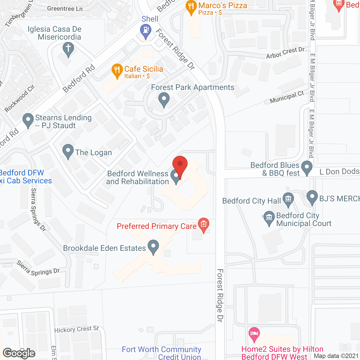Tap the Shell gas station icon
coord(146,31)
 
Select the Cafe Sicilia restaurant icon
coord(117,71)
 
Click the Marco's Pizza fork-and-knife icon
coord(191,7)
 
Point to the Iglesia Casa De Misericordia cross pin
coord(68,49)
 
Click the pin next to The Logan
coord(68,151)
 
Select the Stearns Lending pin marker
coord(28,120)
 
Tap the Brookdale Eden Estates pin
coord(153,246)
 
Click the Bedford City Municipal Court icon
coord(269,218)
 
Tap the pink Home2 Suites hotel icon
coord(254,334)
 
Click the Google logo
coord(19,353)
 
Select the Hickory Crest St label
coord(76,329)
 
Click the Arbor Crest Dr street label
coord(285,53)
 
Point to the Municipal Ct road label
coord(287,97)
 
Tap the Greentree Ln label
coord(65,9)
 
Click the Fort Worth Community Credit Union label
coord(162,353)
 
